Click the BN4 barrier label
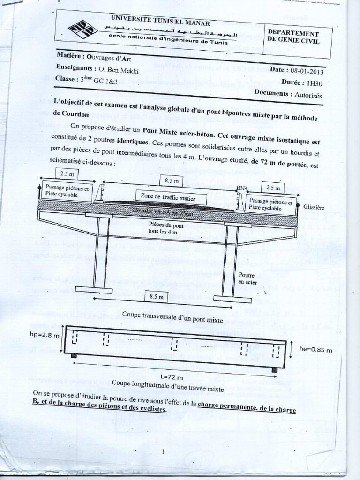pos(242,188)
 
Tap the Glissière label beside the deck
pos(314,207)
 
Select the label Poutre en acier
pos(247,278)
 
